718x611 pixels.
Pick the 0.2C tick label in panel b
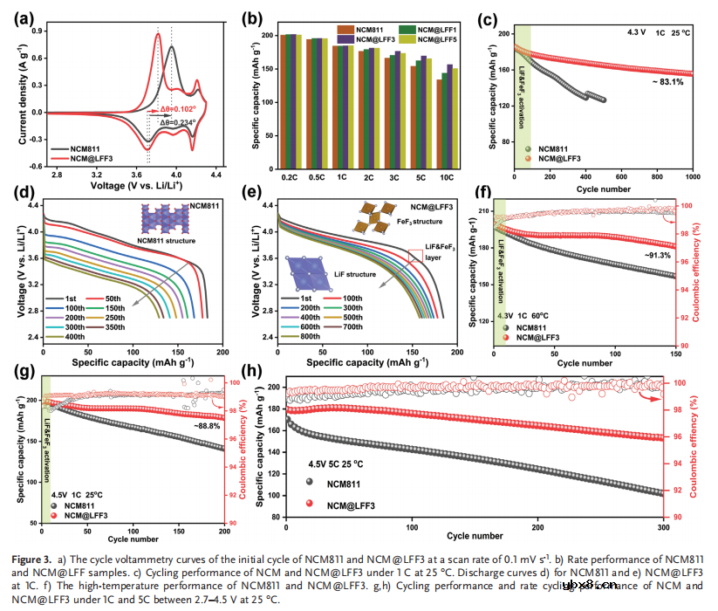coord(291,177)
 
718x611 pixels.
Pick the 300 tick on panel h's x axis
coord(662,528)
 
